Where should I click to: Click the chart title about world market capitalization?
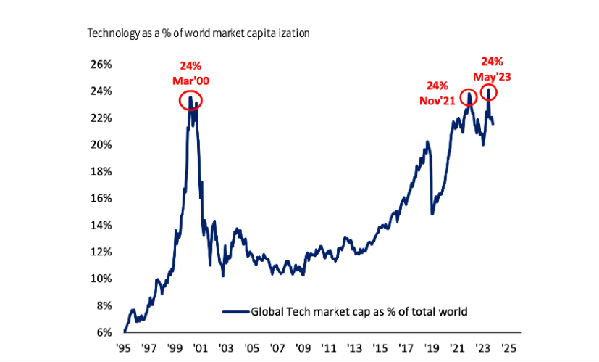click(x=198, y=33)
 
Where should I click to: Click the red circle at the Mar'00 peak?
click(x=190, y=100)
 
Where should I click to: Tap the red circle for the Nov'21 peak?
click(x=469, y=97)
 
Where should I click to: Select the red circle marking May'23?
click(x=489, y=92)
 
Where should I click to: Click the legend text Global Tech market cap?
click(x=359, y=312)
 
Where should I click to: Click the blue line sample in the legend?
click(x=235, y=312)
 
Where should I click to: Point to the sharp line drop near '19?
click(x=430, y=181)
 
